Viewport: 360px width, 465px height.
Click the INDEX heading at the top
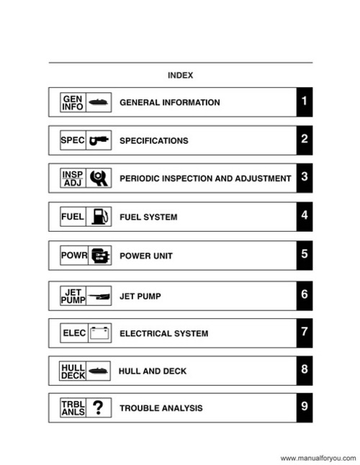[x=180, y=75]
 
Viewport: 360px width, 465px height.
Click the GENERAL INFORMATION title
[x=170, y=102]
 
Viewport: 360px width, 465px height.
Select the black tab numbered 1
[x=305, y=101]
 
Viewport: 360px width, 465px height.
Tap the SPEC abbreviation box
[x=73, y=140]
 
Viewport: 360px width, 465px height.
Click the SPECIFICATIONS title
[x=154, y=141]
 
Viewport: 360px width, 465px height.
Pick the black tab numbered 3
[x=305, y=178]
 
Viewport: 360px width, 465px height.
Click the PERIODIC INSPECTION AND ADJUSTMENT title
[x=205, y=179]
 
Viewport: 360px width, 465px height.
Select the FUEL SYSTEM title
[x=148, y=217]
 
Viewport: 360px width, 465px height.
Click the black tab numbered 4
[x=305, y=216]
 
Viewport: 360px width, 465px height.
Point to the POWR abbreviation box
[x=73, y=256]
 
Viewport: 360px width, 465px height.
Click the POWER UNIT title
[x=146, y=256]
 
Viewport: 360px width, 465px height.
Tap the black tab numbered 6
[x=305, y=294]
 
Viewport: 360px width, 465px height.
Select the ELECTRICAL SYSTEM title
[x=164, y=333]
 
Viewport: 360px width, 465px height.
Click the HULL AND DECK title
[x=153, y=371]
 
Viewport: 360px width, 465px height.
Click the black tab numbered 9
[x=305, y=407]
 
